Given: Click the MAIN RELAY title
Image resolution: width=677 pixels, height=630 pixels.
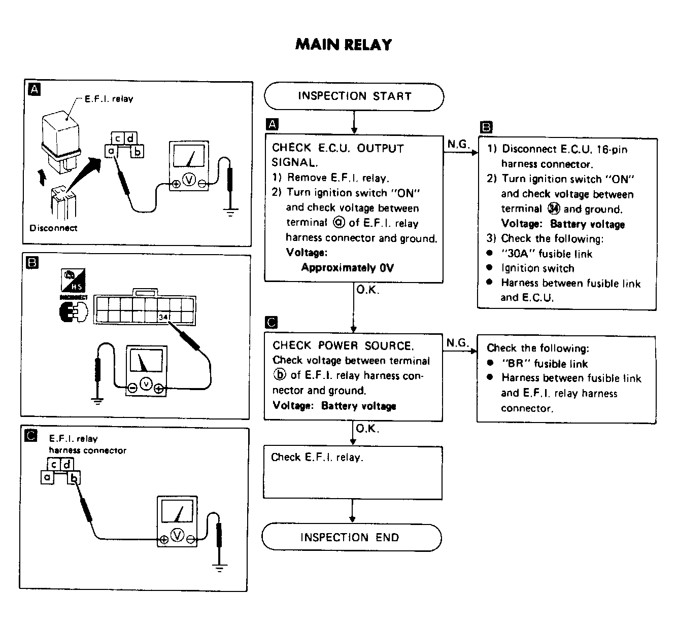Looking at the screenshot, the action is [343, 45].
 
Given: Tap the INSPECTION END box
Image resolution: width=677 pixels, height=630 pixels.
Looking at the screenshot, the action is [352, 537].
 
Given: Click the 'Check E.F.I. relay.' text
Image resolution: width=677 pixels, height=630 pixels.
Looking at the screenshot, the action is [317, 457].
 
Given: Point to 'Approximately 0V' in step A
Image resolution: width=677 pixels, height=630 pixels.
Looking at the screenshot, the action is [347, 267].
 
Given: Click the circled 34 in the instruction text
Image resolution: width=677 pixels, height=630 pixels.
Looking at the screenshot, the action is [553, 208].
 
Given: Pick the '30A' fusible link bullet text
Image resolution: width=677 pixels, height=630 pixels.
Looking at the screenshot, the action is [547, 254].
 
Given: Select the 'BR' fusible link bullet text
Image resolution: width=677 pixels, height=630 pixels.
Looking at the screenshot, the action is [545, 364].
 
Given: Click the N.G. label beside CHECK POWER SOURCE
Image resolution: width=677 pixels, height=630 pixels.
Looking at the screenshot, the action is [457, 342].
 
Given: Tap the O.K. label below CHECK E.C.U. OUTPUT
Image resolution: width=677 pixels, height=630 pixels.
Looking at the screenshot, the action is [367, 290].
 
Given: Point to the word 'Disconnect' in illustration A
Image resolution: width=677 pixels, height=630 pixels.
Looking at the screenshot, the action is [53, 228].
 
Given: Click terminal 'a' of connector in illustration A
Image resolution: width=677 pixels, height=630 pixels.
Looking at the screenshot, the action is [111, 150].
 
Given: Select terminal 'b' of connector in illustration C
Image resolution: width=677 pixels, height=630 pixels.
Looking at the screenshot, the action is [74, 478].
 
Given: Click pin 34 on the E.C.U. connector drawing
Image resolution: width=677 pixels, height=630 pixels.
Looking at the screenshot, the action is [163, 317].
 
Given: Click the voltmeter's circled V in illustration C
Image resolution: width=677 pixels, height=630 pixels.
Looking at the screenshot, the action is [177, 535].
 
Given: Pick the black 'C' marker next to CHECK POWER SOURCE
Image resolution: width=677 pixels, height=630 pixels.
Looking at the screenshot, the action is [272, 322].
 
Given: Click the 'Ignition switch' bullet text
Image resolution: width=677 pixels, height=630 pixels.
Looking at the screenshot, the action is [537, 268].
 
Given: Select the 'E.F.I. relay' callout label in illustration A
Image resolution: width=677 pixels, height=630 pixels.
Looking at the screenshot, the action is [109, 99].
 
